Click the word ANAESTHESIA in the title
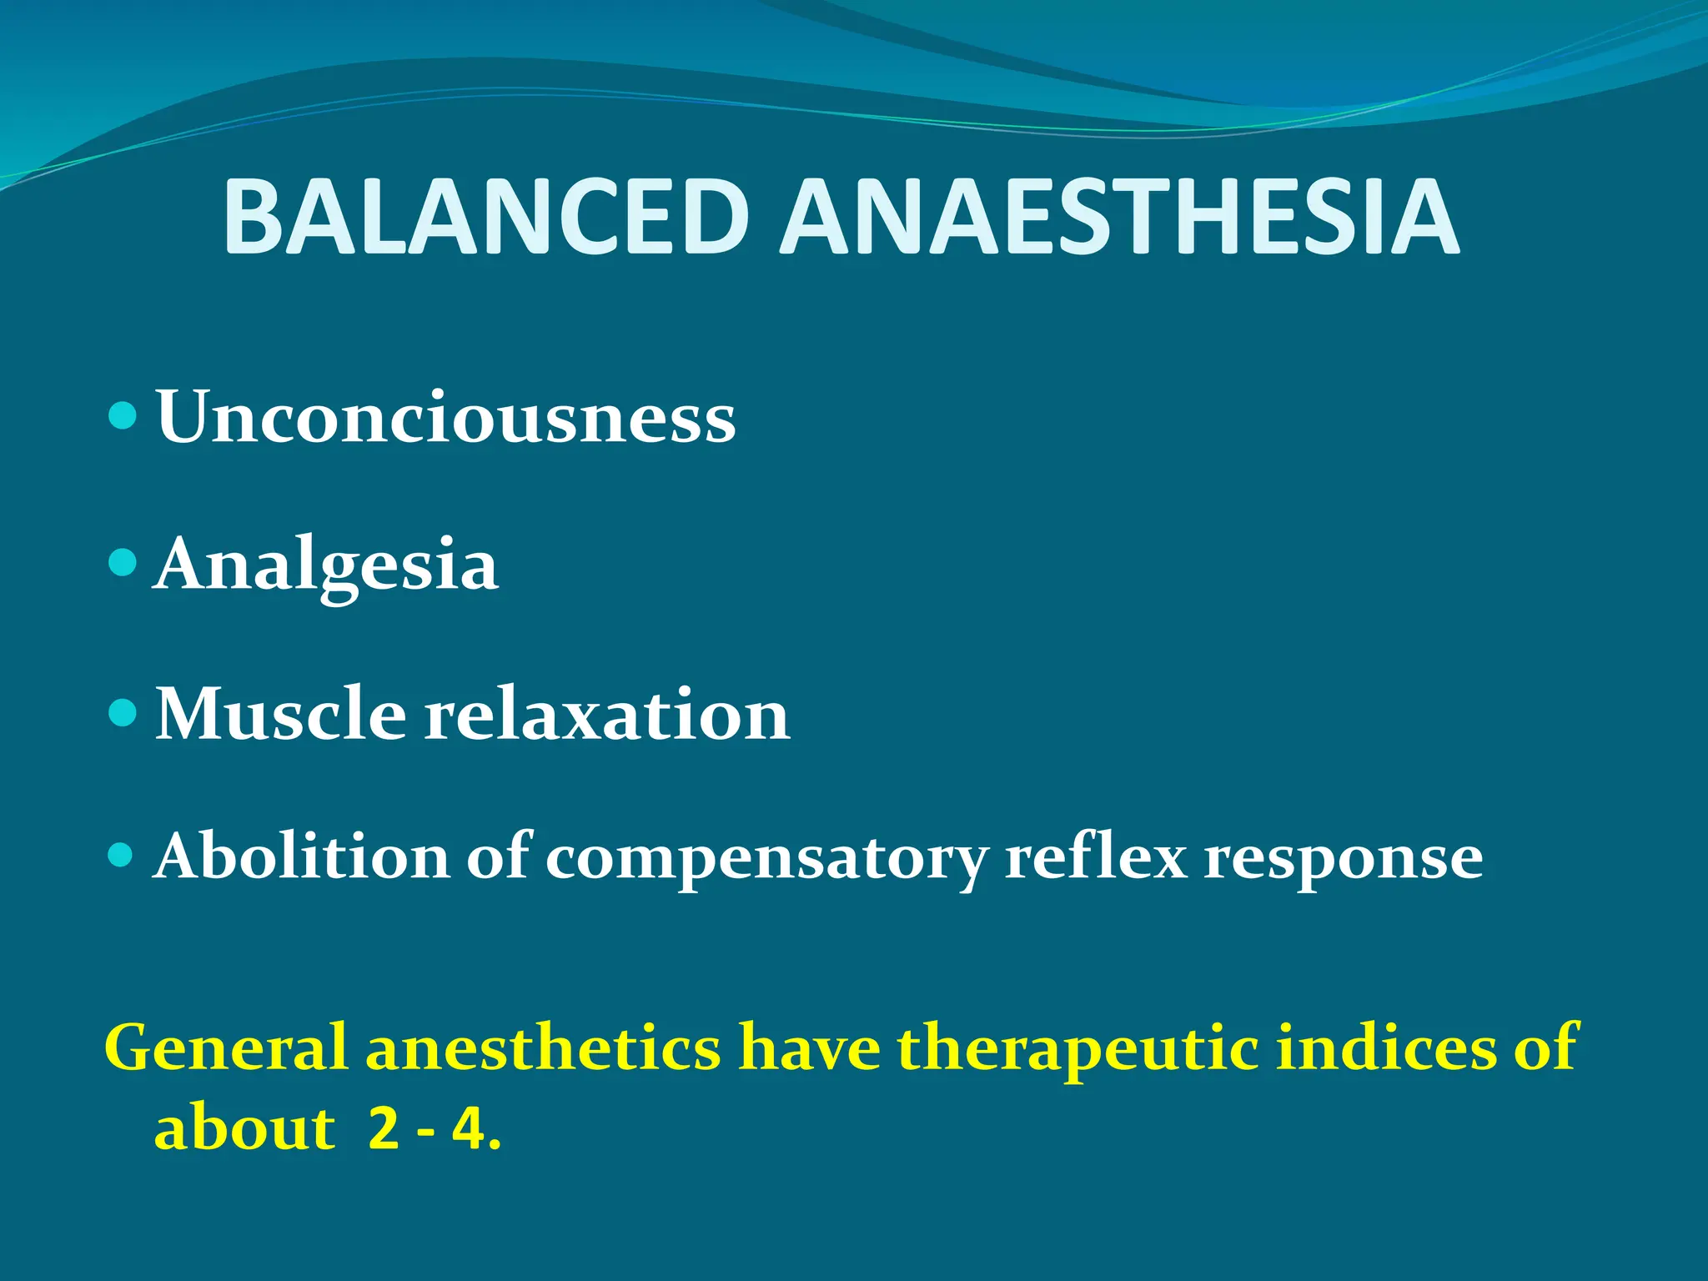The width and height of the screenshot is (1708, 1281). [x=1118, y=217]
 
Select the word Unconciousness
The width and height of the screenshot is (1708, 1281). [x=446, y=417]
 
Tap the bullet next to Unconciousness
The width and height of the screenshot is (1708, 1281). [x=122, y=414]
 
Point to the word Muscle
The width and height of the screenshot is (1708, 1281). [x=281, y=715]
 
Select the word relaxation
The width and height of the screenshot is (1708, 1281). [x=607, y=715]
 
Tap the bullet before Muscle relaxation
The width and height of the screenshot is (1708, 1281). [x=122, y=713]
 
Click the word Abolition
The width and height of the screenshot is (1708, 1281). [x=302, y=857]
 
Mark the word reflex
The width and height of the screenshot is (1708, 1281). [x=1096, y=857]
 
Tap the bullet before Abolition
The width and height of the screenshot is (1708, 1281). [x=122, y=855]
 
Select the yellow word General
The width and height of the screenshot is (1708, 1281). [x=225, y=1047]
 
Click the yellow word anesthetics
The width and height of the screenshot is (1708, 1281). [x=543, y=1047]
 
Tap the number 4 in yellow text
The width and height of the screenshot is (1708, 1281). [x=469, y=1129]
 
